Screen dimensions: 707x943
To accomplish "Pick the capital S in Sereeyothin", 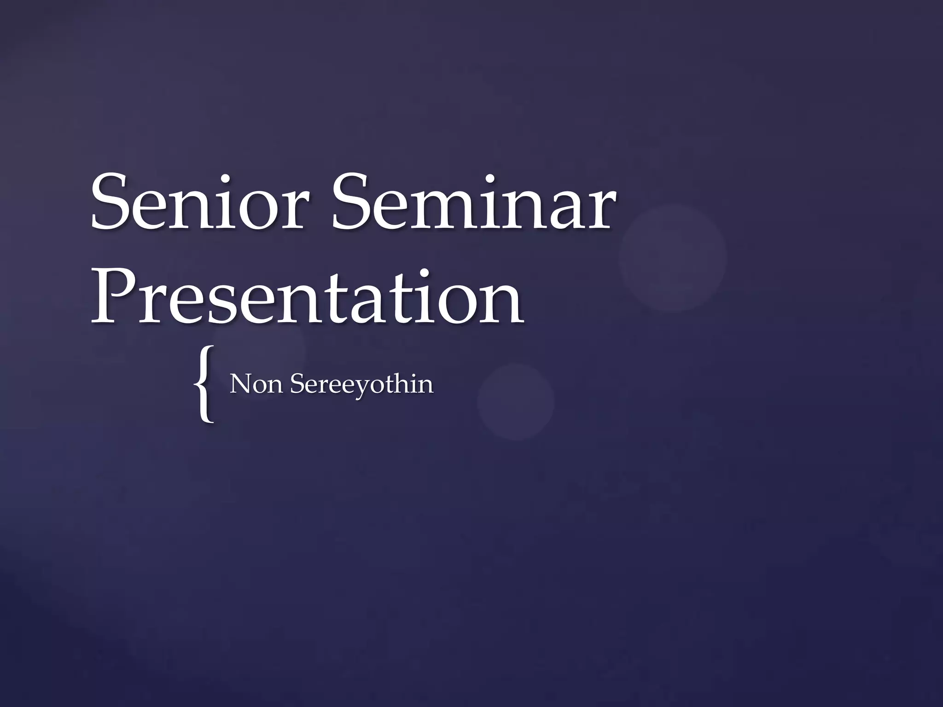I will click(297, 384).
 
